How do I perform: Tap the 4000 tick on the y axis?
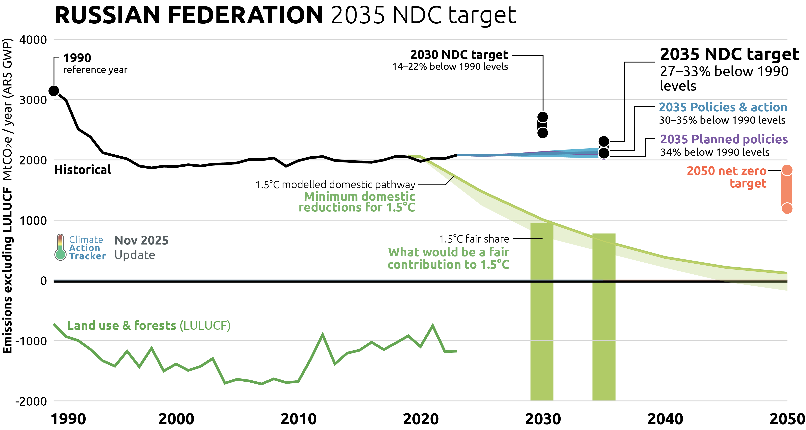pos(33,40)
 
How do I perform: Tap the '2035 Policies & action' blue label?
pos(723,107)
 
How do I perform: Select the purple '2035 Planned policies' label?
pos(724,139)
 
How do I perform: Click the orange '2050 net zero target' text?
pos(727,177)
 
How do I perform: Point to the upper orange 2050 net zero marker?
pos(787,170)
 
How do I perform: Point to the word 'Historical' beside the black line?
pos(83,170)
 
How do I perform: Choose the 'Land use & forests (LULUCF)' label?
pos(149,326)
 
